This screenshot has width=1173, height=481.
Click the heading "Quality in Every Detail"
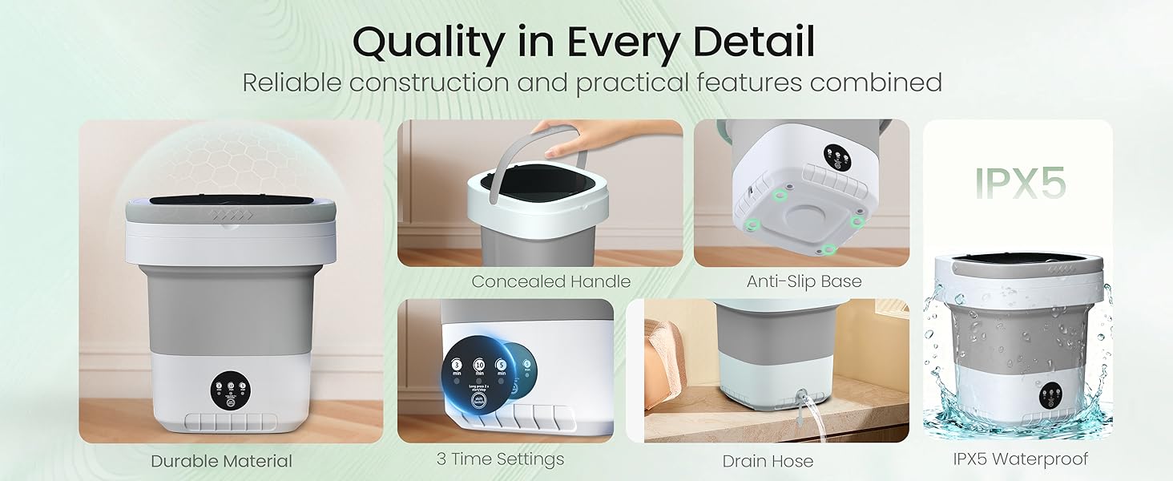tap(583, 42)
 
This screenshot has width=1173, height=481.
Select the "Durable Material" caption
tap(222, 461)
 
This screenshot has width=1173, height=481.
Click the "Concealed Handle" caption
tap(550, 281)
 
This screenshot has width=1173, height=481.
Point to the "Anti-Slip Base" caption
tap(804, 281)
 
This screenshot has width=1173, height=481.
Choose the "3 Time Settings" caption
tap(500, 459)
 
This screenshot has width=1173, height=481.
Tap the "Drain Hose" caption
tap(768, 461)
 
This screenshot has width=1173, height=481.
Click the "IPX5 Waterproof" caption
tap(1020, 459)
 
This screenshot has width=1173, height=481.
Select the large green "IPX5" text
tap(1020, 184)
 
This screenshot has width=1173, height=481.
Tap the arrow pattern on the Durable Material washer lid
tap(231, 216)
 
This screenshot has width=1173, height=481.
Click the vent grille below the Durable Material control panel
tap(231, 422)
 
